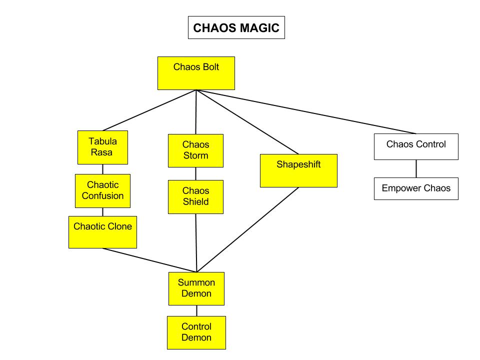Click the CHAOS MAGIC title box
236,28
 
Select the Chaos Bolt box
196,73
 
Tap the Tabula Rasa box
103,147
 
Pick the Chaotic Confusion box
102,190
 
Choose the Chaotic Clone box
102,231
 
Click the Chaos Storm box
195,150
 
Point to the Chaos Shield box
195,196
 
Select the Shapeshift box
298,170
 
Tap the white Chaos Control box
416,146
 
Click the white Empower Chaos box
416,188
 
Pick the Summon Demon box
196,288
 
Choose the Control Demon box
196,332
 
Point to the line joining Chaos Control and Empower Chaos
416,168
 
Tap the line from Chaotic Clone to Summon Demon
150,260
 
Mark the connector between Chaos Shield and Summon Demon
196,243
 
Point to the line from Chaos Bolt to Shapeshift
247,121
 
